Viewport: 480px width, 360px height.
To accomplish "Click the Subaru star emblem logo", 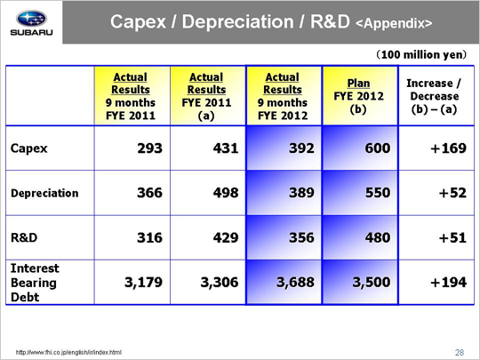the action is click(x=31, y=19).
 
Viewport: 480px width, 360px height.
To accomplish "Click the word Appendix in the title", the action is click(x=394, y=24).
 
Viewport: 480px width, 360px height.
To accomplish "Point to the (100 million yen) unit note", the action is click(x=421, y=55).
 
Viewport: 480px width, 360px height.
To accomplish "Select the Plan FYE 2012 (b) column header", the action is click(x=358, y=96).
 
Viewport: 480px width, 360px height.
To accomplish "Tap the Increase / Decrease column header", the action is click(x=434, y=96).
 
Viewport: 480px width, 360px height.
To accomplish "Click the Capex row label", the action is click(x=28, y=148).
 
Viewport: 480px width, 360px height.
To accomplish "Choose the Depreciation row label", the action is click(x=44, y=193).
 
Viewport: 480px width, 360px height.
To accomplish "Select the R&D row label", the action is click(x=24, y=237).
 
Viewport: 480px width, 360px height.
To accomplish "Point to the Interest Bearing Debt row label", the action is click(x=35, y=283).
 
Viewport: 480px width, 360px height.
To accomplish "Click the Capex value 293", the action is click(x=149, y=148).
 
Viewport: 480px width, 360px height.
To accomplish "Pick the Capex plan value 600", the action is click(x=378, y=148).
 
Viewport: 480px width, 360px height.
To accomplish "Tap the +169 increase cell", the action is click(x=449, y=148).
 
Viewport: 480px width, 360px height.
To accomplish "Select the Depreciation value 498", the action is click(x=226, y=193).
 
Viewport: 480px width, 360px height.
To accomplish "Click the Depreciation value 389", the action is click(x=301, y=193).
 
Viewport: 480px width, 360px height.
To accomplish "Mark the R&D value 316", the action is click(x=149, y=238).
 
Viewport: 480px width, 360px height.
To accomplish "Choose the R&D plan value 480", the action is click(x=378, y=238).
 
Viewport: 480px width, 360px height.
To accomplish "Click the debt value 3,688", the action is click(x=295, y=283).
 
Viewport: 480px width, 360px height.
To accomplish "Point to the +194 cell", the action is click(x=449, y=283).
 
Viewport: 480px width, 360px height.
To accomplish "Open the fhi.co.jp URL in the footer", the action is click(x=68, y=352).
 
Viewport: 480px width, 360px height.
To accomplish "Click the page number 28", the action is click(x=460, y=352).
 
